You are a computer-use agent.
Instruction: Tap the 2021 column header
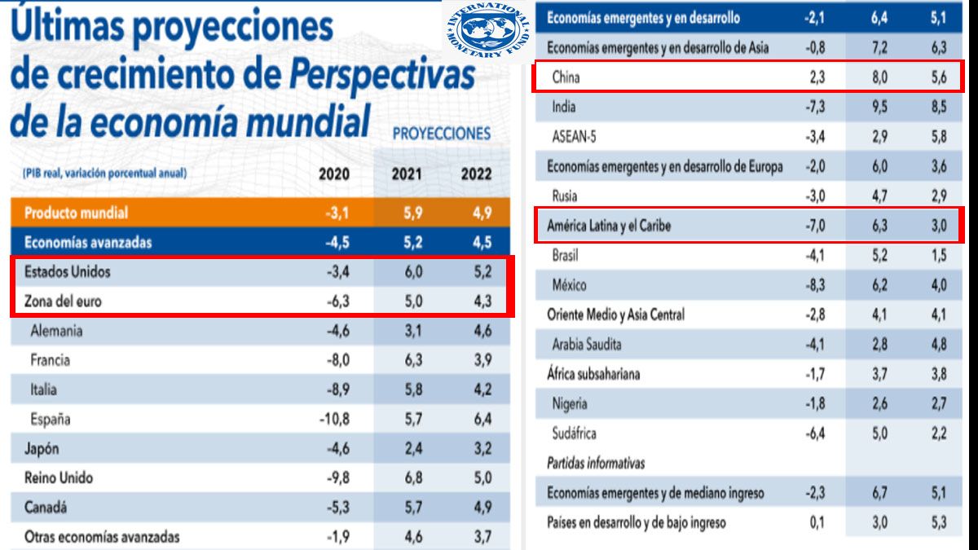pos(405,174)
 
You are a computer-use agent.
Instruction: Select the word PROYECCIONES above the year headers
pos(442,133)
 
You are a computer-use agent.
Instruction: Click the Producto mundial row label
pos(76,213)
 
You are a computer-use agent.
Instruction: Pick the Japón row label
pos(42,449)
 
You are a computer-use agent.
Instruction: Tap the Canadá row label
pos(46,508)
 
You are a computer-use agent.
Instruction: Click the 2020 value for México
pos(813,285)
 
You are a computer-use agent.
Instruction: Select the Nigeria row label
pos(570,403)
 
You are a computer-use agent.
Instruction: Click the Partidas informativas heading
pos(596,463)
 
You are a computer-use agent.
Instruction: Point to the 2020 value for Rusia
pos(813,196)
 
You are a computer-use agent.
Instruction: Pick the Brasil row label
pos(566,256)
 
